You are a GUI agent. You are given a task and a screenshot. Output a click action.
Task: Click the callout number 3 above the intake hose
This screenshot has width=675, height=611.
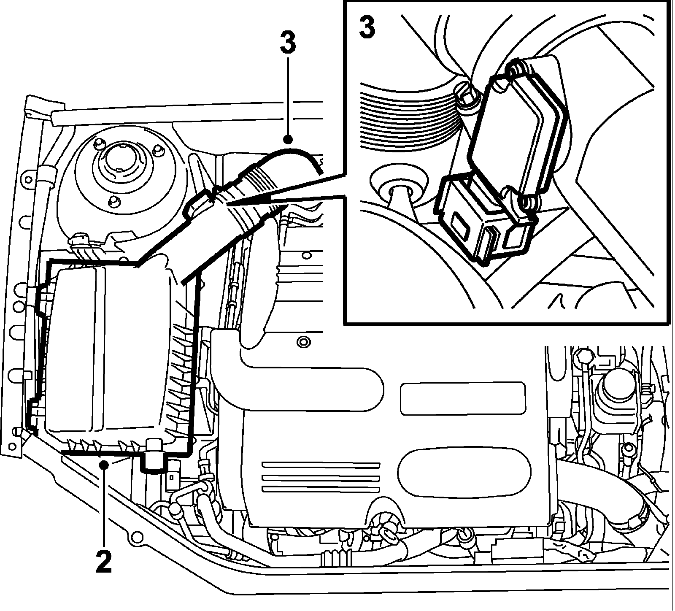(x=288, y=39)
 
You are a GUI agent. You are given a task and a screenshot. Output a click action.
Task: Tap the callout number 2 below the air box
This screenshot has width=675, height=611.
(x=104, y=558)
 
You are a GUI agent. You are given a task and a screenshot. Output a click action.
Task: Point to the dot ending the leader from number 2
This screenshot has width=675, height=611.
(x=104, y=464)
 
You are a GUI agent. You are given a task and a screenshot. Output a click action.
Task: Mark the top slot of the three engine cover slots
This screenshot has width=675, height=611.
(x=321, y=465)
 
